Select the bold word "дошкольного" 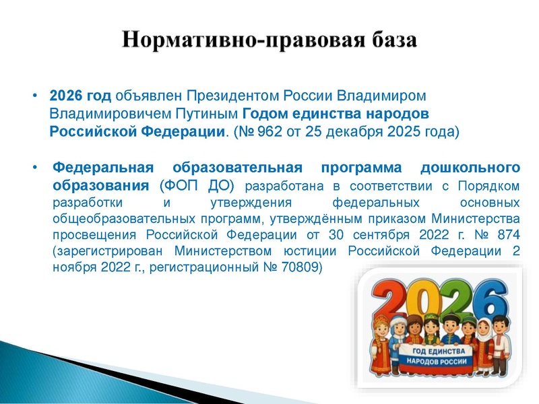[x=472, y=167]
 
